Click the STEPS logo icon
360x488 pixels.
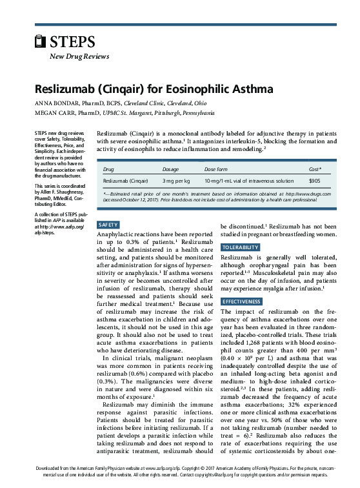pos(41,42)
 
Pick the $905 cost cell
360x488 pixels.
pos(314,181)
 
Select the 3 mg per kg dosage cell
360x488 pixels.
pos(176,181)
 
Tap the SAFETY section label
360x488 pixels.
pos(108,224)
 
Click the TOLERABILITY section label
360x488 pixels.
pos(241,248)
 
